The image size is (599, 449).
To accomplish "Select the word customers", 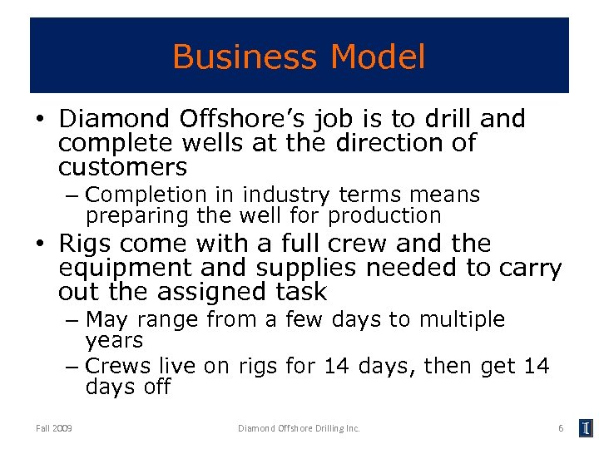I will pyautogui.click(x=123, y=167).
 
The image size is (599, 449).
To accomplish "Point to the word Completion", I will pyautogui.click(x=146, y=195).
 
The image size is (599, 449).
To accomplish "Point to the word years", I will pyautogui.click(x=115, y=341).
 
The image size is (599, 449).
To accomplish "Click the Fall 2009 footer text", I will pyautogui.click(x=54, y=428).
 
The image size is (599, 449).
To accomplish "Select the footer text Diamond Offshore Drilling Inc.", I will pyautogui.click(x=299, y=428).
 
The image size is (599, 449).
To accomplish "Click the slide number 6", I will pyautogui.click(x=561, y=428).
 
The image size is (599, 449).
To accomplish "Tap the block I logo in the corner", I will pyautogui.click(x=587, y=428).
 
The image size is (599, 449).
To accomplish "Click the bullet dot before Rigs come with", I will pyautogui.click(x=39, y=245).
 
